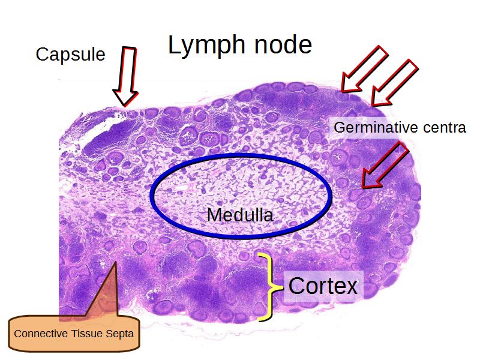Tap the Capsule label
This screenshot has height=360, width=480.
point(70,55)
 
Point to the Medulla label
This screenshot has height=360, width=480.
point(239,214)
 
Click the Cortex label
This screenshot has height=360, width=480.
point(323,285)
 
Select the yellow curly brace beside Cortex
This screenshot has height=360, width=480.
point(271,286)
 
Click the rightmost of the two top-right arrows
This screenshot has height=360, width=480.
point(393,81)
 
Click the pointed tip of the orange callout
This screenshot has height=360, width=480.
point(112,263)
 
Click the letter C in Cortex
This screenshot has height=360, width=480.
point(296,285)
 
